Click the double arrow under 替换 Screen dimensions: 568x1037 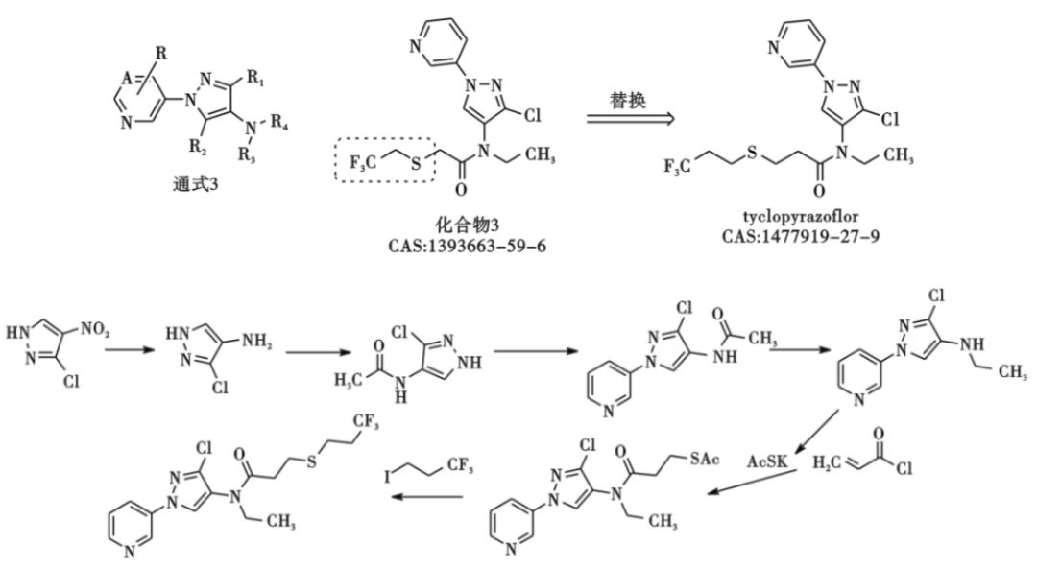point(630,119)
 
